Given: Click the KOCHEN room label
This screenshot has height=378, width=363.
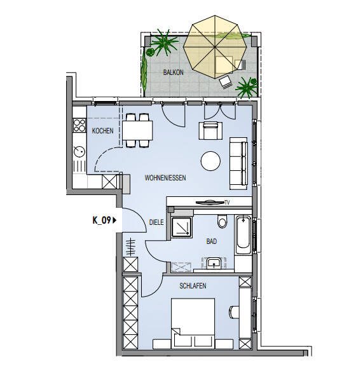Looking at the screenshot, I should click(102, 131).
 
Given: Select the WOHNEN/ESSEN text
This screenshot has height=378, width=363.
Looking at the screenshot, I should click(164, 179).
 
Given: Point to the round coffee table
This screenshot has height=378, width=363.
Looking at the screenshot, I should click(210, 161).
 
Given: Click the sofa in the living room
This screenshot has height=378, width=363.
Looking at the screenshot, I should click(239, 162).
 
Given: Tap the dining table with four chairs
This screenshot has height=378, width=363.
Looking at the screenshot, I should click(138, 130).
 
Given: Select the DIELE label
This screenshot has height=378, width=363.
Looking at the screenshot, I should click(156, 222).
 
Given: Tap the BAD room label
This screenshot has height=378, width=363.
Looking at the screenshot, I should click(212, 242).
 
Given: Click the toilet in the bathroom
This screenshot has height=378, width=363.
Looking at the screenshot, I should click(221, 222).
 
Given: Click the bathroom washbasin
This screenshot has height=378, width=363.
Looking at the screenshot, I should click(214, 263).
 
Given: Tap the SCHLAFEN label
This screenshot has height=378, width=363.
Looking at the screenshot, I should click(193, 286).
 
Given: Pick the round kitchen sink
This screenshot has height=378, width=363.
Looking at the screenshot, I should click(80, 152).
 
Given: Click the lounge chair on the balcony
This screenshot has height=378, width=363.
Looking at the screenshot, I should click(226, 81).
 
